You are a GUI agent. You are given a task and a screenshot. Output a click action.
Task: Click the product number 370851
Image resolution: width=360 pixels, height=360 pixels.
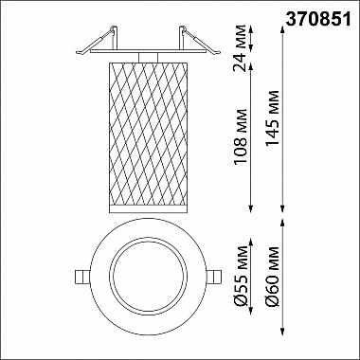(x=318, y=20)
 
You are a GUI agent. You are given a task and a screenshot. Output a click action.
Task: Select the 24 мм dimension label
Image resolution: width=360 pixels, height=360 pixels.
(x=240, y=48)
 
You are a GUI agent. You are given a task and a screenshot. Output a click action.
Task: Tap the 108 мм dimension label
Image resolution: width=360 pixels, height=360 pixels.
(x=241, y=136)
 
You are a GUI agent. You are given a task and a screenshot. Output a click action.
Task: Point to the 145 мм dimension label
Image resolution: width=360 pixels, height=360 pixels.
(x=273, y=118)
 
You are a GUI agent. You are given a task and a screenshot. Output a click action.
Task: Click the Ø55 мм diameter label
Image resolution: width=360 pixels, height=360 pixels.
(x=241, y=276)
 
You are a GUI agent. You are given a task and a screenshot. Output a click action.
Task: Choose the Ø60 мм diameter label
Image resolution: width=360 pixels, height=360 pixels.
(x=273, y=277)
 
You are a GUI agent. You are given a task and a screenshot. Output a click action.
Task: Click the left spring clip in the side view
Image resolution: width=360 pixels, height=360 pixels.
(x=97, y=41)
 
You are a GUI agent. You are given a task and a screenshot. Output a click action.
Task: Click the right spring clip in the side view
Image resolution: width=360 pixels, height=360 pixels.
(x=200, y=41)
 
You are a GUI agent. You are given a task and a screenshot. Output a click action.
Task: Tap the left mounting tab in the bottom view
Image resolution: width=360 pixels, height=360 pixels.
(x=82, y=277)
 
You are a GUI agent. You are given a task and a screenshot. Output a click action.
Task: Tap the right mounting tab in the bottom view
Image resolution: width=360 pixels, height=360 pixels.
(x=214, y=277)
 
